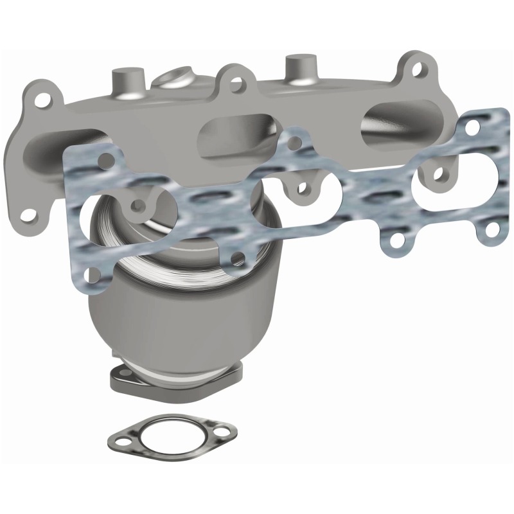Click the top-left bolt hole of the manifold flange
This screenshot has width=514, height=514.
click(x=43, y=101)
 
